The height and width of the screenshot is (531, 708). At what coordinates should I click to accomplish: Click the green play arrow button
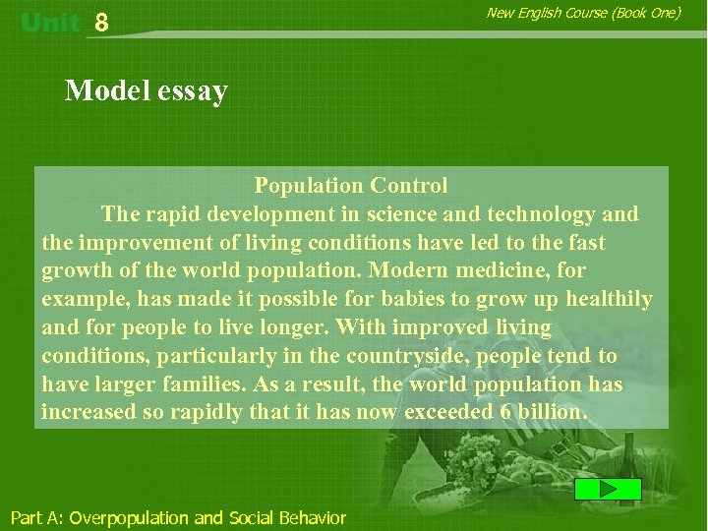coord(608,489)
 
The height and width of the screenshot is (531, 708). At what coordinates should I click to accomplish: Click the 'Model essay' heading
coord(146,91)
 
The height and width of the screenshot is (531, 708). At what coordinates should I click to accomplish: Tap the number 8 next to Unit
coord(101,24)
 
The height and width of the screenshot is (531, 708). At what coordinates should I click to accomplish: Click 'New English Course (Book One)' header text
coord(583,13)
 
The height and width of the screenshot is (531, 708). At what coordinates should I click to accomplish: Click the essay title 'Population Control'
coord(351,185)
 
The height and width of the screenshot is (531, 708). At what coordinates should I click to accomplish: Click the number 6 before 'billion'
coord(505,412)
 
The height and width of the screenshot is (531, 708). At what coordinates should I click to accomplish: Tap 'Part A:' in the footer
coord(36,517)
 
